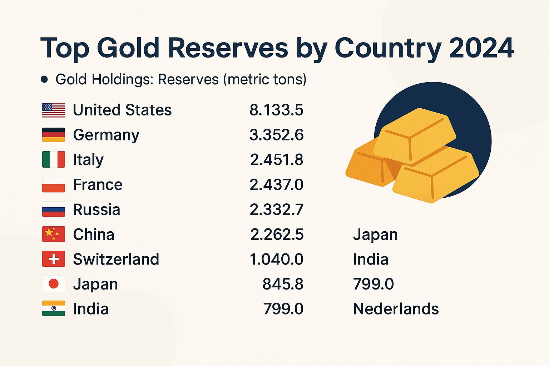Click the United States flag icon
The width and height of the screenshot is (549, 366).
click(x=54, y=110)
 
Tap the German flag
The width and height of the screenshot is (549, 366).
click(x=54, y=135)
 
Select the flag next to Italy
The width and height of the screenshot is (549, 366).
click(x=54, y=159)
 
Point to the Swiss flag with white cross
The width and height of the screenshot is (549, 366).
click(x=54, y=259)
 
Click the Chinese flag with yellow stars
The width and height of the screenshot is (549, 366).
click(x=54, y=234)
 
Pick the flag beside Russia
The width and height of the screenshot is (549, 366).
click(x=54, y=209)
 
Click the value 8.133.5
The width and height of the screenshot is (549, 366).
click(x=276, y=110)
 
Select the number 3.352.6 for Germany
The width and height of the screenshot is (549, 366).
click(x=276, y=135)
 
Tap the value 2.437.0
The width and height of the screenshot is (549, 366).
click(x=276, y=184)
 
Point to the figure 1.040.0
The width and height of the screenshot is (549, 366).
click(x=276, y=259)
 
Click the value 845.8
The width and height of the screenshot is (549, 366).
click(x=283, y=284)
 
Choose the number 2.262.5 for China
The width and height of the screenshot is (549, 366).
click(x=277, y=234)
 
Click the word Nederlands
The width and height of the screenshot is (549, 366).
click(x=396, y=309)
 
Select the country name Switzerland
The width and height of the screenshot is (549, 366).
click(x=116, y=259)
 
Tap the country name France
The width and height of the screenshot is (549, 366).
click(x=98, y=184)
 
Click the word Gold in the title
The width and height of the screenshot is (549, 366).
click(x=128, y=48)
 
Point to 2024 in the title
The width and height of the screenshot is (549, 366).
click(x=481, y=48)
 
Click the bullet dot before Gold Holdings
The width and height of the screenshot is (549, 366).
click(x=44, y=79)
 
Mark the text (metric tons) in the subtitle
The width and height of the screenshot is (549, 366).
click(x=265, y=79)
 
